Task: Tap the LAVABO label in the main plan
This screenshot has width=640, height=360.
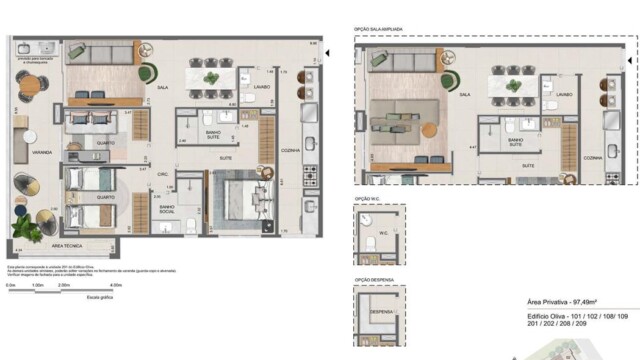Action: (x=261, y=87)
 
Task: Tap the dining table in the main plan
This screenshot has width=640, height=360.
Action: (x=212, y=77)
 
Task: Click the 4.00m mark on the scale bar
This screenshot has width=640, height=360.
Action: (x=116, y=285)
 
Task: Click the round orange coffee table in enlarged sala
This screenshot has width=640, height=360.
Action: (x=429, y=127)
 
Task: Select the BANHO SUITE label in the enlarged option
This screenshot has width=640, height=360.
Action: (x=515, y=143)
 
